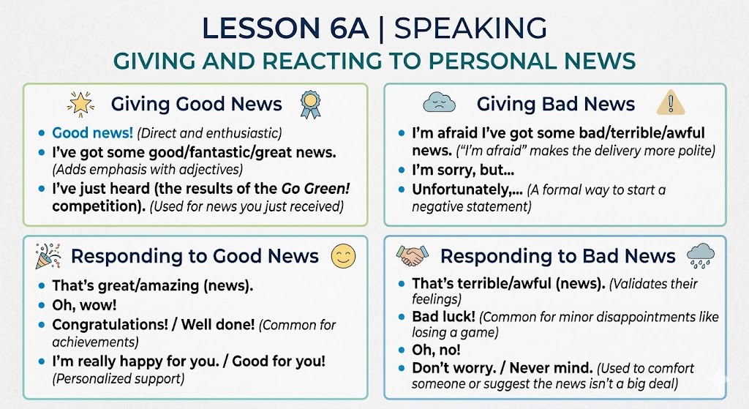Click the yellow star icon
click(x=80, y=104)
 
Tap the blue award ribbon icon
click(x=310, y=105)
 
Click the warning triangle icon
click(x=671, y=102)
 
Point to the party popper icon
click(x=48, y=255)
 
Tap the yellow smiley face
click(x=344, y=256)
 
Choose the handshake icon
click(x=413, y=255)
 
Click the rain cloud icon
click(x=701, y=255)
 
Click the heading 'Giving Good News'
click(x=196, y=104)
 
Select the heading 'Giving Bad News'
click(x=556, y=104)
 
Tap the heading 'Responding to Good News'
click(x=195, y=256)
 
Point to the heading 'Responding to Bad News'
click(x=557, y=256)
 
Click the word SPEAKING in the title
click(x=470, y=28)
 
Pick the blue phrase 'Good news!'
click(x=93, y=132)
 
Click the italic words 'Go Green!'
click(x=316, y=188)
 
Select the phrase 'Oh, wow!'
click(x=84, y=305)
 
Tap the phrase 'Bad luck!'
click(x=444, y=316)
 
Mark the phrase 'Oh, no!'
click(x=436, y=350)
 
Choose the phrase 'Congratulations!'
click(x=110, y=325)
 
